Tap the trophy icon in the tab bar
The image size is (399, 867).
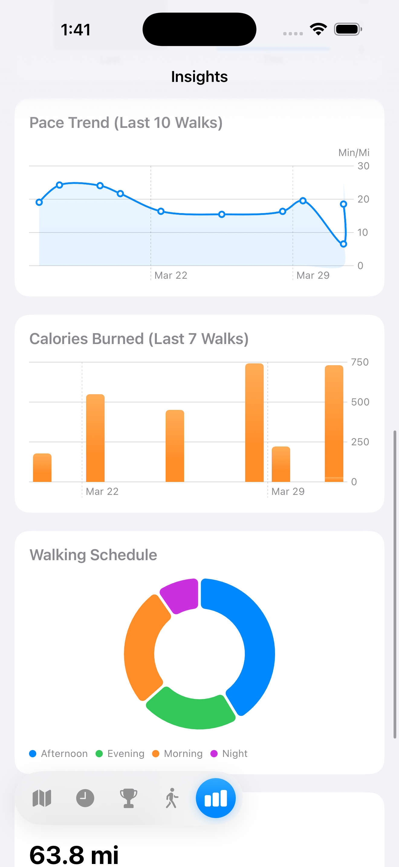tap(128, 798)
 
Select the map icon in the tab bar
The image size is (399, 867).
tap(42, 798)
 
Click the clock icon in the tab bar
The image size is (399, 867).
tap(85, 798)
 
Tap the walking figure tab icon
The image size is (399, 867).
tap(172, 798)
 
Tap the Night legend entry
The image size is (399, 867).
tap(229, 754)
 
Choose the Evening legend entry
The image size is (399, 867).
tap(120, 754)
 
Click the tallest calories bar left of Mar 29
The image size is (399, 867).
tap(254, 422)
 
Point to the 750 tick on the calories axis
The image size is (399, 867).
tap(360, 362)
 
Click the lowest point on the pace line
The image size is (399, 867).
tap(343, 244)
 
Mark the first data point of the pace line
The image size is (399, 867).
tap(39, 202)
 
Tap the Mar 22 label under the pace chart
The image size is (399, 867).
tap(170, 275)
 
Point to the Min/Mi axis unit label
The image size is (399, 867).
tap(354, 153)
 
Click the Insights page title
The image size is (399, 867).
tap(199, 77)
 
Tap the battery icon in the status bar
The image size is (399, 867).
tap(348, 29)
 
